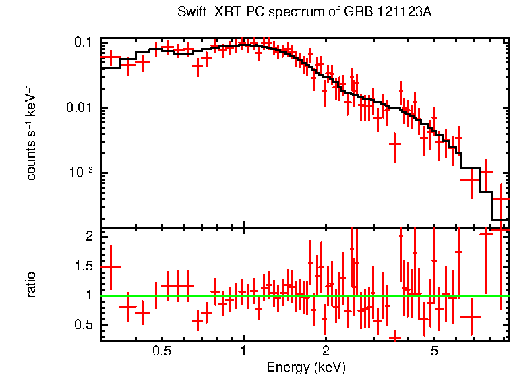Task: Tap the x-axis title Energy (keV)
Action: [306, 367]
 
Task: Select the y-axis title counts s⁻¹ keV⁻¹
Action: [31, 132]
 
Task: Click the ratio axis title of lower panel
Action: [31, 285]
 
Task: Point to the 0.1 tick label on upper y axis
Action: [83, 42]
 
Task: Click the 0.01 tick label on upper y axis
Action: [79, 109]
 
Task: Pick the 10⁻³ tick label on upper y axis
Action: [80, 173]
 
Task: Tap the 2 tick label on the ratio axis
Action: [88, 236]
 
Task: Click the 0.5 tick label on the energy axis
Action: [161, 351]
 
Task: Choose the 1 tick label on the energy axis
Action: [243, 351]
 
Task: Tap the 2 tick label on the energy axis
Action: [325, 351]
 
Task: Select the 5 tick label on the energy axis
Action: [434, 351]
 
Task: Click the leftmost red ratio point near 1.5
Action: [111, 268]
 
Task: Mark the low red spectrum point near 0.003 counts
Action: [395, 144]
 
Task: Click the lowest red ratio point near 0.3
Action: [395, 337]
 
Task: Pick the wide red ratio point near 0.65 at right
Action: [471, 316]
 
